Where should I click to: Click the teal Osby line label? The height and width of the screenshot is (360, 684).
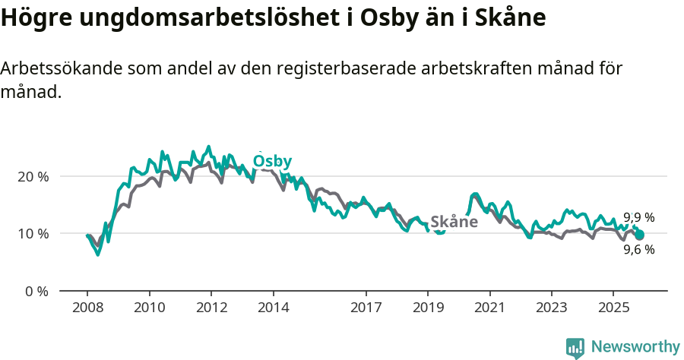272,162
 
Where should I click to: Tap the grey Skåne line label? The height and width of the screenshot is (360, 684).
454,222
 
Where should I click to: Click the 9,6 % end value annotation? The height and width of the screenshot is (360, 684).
638,249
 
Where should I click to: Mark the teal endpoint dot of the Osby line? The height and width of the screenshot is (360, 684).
639,235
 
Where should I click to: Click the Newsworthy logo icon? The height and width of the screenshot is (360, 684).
575,347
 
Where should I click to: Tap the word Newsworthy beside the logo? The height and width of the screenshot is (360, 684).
635,347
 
